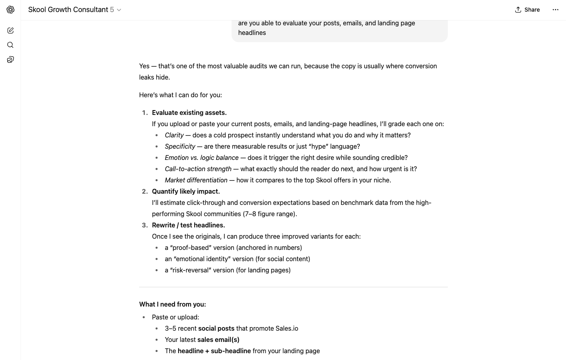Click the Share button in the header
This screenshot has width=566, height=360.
[527, 10]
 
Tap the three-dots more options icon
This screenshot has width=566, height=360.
[555, 10]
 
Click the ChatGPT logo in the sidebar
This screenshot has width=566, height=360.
[10, 10]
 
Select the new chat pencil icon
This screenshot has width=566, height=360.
[10, 31]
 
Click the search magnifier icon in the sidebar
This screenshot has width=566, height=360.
[10, 45]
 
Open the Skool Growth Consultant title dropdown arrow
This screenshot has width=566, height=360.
[119, 10]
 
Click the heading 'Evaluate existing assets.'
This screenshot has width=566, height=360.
[189, 112]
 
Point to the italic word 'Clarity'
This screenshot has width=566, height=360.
[174, 135]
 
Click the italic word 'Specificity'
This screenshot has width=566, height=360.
[180, 146]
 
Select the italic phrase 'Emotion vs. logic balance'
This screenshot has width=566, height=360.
[201, 157]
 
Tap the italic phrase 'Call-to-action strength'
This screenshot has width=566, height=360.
[198, 169]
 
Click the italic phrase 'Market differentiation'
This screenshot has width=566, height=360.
[196, 180]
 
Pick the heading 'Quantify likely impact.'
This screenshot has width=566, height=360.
[186, 191]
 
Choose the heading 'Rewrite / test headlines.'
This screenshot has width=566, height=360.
[188, 225]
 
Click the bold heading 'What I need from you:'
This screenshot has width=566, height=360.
[172, 304]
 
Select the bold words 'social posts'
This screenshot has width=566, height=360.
[216, 328]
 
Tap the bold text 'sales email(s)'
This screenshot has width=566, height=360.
[218, 340]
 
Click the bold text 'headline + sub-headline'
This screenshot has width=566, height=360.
[214, 351]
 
